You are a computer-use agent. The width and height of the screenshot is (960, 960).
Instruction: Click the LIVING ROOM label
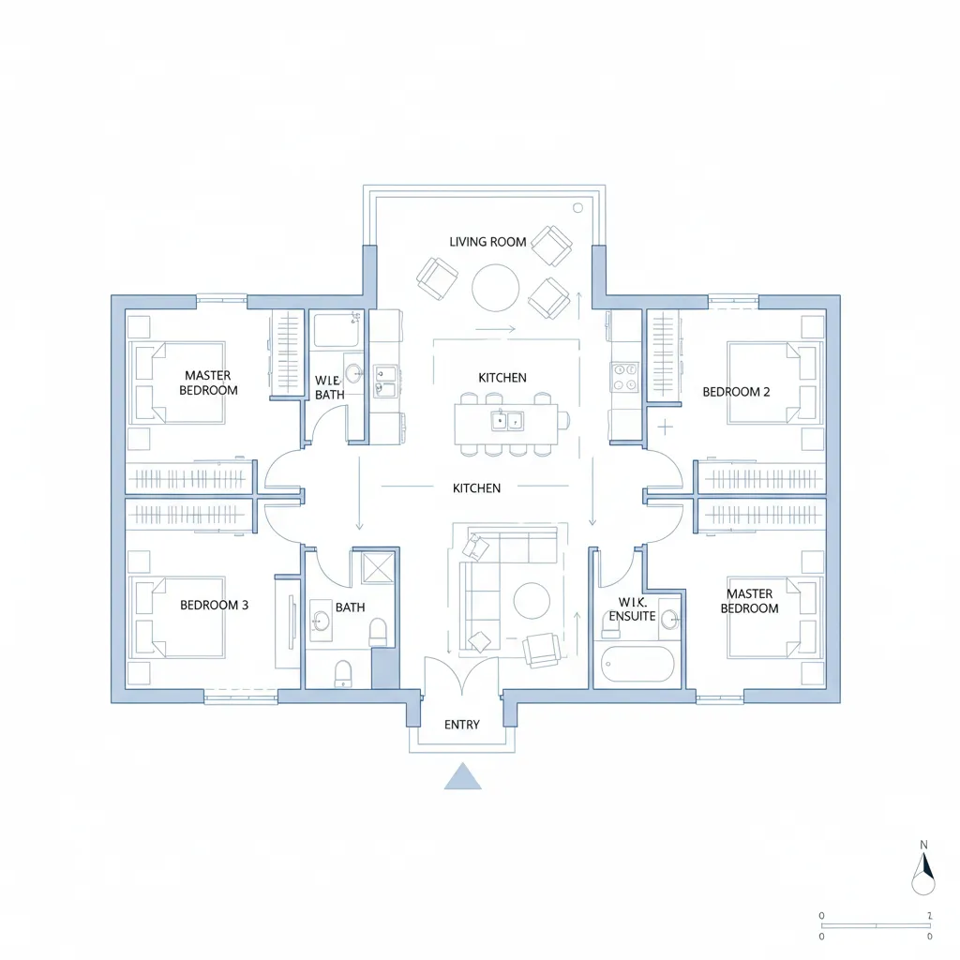(x=487, y=242)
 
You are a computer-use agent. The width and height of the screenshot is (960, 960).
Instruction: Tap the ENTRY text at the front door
(x=461, y=725)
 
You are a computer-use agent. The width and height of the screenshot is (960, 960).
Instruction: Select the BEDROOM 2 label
(x=736, y=392)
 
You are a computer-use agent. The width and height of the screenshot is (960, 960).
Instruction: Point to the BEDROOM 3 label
(x=214, y=605)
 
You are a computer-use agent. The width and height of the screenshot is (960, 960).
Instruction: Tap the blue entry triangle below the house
(x=462, y=775)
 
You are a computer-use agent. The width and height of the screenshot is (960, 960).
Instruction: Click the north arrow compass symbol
(x=923, y=869)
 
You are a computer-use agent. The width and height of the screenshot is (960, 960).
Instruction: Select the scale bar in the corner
(x=876, y=925)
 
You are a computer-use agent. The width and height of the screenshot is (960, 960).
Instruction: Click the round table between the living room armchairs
(x=495, y=287)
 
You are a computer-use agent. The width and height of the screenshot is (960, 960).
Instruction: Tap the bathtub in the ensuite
(x=637, y=665)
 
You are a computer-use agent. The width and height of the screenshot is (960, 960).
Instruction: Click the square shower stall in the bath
(x=375, y=567)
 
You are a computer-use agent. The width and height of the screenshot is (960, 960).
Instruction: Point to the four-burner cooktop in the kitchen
(x=624, y=377)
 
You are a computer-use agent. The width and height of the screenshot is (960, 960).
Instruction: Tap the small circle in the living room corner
(x=578, y=207)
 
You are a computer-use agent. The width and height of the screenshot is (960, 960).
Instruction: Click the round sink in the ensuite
(x=668, y=619)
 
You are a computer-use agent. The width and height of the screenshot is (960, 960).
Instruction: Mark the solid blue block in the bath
(x=385, y=668)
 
